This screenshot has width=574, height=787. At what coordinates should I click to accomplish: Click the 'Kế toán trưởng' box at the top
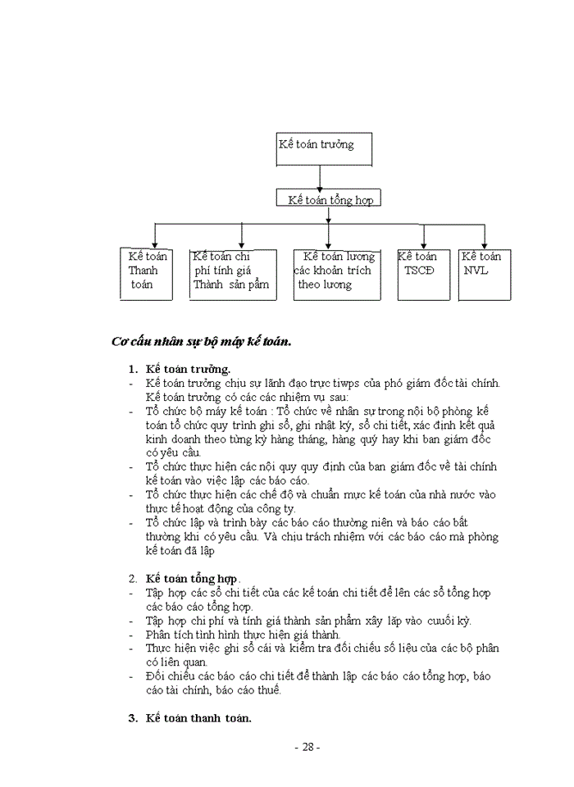(325, 148)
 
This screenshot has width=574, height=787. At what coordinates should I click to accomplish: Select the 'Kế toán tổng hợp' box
(328, 199)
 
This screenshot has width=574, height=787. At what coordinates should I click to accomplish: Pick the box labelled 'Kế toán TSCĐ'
(424, 274)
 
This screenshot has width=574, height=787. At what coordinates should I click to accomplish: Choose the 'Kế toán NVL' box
(485, 274)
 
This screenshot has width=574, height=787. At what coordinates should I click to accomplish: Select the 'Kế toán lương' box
(337, 274)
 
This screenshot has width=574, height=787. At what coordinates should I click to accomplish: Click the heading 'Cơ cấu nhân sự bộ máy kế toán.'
(202, 341)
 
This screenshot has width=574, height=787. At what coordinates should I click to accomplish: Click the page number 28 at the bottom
(307, 747)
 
